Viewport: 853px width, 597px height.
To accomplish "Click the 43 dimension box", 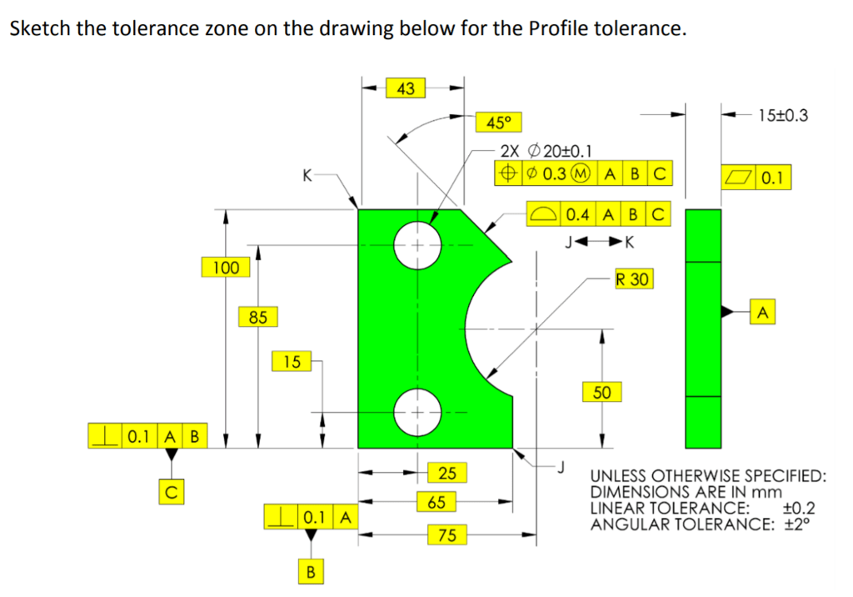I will pyautogui.click(x=407, y=87).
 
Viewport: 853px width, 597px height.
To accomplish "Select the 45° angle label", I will pyautogui.click(x=497, y=123).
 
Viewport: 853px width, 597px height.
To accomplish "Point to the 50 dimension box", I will pyautogui.click(x=601, y=392).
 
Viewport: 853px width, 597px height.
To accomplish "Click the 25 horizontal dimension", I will pyautogui.click(x=446, y=473).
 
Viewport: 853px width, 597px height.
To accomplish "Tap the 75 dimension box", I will pyautogui.click(x=446, y=534).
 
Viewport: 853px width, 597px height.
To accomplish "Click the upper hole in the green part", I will pyautogui.click(x=417, y=245).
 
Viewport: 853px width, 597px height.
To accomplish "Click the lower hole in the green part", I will pyautogui.click(x=417, y=412).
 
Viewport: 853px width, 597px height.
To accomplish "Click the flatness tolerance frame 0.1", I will pyautogui.click(x=756, y=177).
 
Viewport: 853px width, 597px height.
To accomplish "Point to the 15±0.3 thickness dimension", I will pyautogui.click(x=783, y=115).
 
